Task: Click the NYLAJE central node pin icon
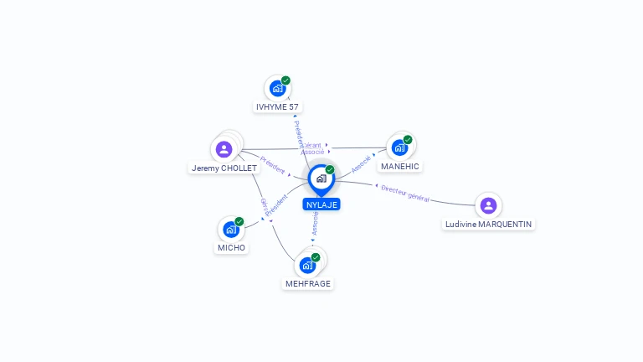pos(321,178)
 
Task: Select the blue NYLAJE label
pos(321,204)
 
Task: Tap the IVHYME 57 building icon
pos(277,88)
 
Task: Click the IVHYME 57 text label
pos(277,107)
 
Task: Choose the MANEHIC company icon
pos(399,147)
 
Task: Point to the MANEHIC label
pos(399,167)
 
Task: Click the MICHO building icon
pos(231,229)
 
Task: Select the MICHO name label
pos(231,248)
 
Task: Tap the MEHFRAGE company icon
pos(307,265)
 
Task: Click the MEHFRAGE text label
pos(308,284)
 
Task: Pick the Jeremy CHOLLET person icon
pos(224,149)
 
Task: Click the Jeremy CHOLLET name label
pos(224,168)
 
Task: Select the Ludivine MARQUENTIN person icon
pos(488,205)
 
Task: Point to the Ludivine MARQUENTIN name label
pos(489,225)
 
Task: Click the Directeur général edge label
pos(405,194)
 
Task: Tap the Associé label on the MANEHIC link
pos(361,163)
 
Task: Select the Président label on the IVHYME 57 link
pos(299,134)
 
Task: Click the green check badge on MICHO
pos(239,221)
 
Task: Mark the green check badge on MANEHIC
pos(408,140)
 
